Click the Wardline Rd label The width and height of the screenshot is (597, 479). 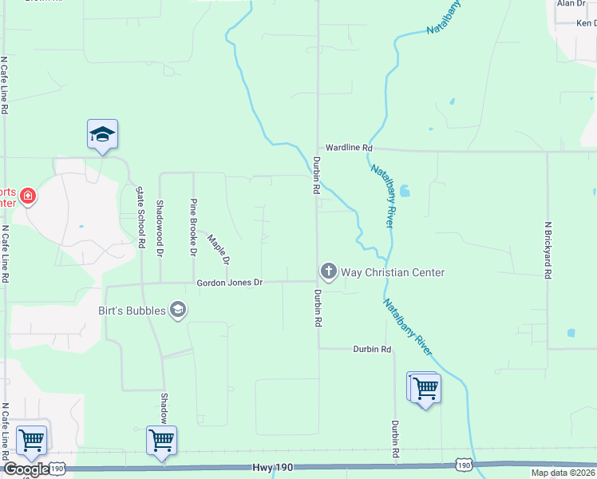pos(349,148)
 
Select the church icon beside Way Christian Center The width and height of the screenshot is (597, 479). pos(328,272)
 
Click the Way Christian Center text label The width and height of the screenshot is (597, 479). pos(393,272)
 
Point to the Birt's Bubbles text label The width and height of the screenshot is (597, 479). pos(132,310)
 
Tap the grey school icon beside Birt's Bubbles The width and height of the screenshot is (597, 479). pos(178,310)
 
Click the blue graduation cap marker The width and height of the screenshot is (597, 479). pos(102,134)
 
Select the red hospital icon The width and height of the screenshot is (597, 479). pos(28,196)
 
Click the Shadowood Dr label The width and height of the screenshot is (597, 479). pos(160,228)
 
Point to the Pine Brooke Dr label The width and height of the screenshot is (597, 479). pos(193,228)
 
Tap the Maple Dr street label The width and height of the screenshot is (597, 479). pos(219,249)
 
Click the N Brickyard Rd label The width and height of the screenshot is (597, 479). pos(548,250)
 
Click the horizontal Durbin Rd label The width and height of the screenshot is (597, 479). pos(373,350)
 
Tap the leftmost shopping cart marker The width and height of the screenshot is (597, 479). pos(31,440)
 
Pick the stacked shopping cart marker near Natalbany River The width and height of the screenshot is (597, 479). pos(425,389)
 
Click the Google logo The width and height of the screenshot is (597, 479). pos(26,469)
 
